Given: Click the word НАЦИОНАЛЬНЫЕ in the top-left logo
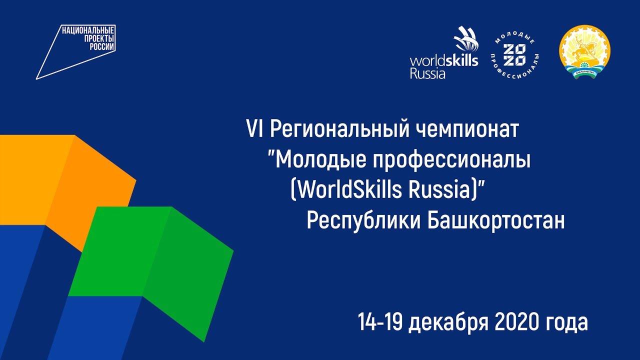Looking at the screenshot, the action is tap(88, 30).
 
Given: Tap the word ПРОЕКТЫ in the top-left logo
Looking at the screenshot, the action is tap(99, 38).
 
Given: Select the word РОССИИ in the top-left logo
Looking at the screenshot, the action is tap(102, 46).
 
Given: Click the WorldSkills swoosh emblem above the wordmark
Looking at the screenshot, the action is tap(465, 39).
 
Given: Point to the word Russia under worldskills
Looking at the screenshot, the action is tap(427, 73).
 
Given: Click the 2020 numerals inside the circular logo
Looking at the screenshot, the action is tap(514, 54).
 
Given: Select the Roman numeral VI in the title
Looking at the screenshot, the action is tap(255, 129).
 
